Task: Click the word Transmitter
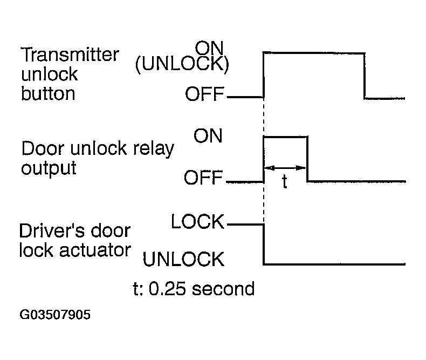tap(70, 55)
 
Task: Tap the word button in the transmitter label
tap(48, 93)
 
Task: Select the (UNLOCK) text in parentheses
tap(182, 64)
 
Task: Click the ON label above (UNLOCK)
tap(209, 47)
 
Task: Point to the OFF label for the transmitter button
tap(204, 94)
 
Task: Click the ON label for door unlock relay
tap(208, 135)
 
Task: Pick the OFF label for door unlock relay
tap(203, 178)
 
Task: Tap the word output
tap(49, 168)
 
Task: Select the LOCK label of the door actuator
tap(197, 221)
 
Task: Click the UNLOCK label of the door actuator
tap(184, 259)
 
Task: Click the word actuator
tap(95, 250)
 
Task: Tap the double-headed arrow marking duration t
tap(285, 168)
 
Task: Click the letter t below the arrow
tap(285, 182)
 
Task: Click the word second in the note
tap(223, 289)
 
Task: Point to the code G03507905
tap(55, 315)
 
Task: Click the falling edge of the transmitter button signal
tap(365, 76)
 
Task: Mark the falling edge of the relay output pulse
tap(307, 159)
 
